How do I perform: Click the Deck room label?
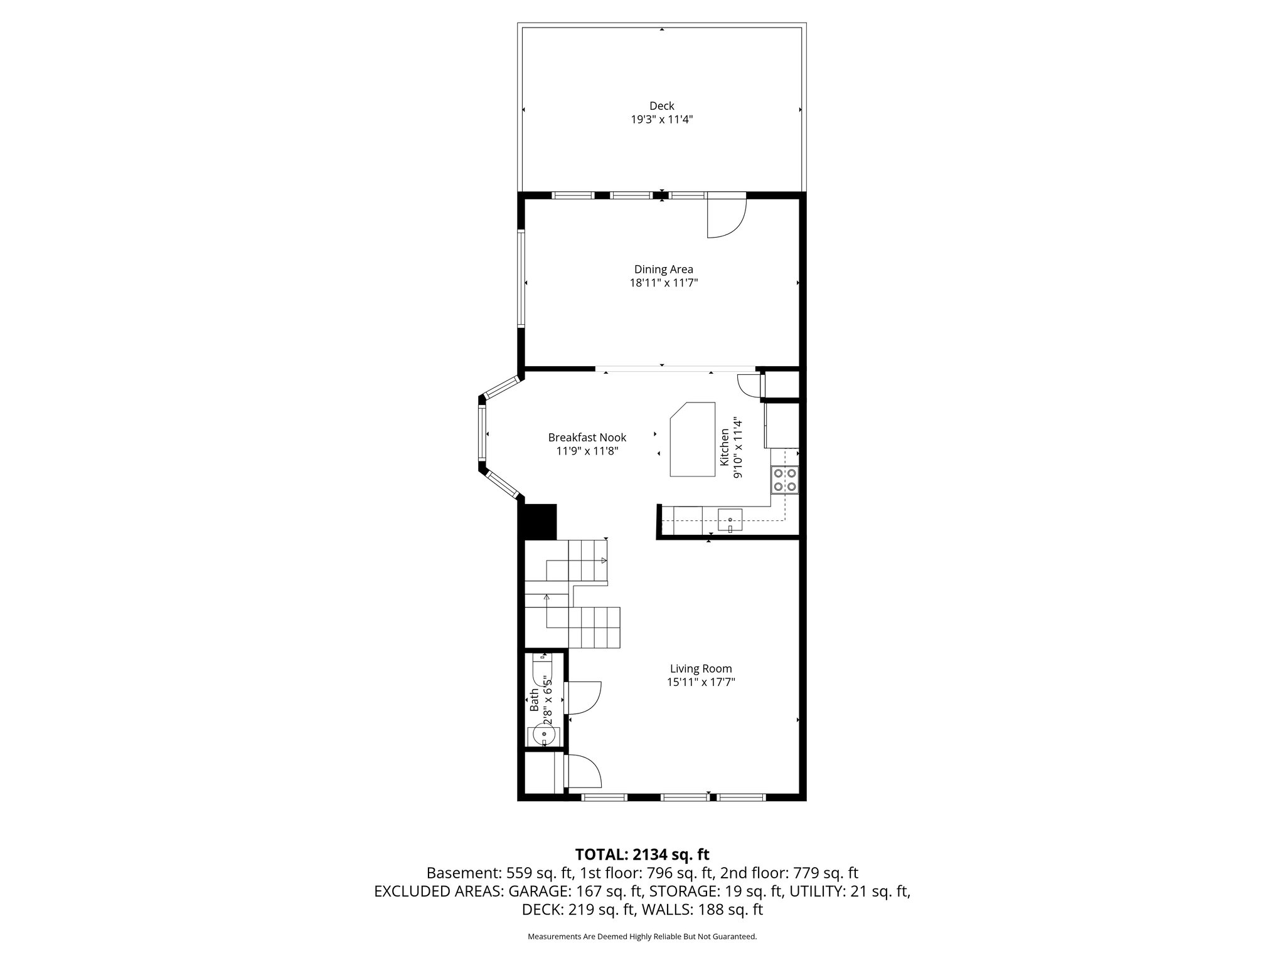661,106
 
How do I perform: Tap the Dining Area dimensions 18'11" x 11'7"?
663,283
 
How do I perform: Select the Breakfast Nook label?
587,438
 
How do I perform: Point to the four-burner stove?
785,480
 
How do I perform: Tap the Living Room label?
700,669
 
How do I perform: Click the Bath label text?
534,700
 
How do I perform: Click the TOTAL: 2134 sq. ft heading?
642,854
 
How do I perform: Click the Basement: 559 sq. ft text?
480,873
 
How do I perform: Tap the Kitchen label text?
725,447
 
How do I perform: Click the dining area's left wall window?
521,278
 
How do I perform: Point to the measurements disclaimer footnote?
642,937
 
